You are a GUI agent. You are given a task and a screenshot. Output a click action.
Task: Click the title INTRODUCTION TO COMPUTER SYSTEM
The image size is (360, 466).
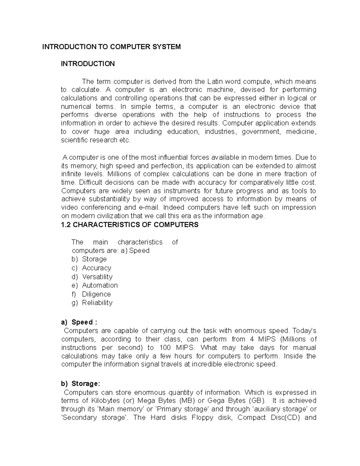point(111,47)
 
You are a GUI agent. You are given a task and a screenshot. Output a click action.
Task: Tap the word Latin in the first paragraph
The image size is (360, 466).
point(215,81)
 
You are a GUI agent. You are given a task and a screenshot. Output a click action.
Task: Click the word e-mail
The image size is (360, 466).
point(151,207)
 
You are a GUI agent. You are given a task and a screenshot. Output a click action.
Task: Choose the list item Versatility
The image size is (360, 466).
point(97,277)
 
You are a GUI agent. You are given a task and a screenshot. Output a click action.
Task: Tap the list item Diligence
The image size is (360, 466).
point(96,294)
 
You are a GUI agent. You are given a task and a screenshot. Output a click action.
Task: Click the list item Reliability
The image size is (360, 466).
point(97,302)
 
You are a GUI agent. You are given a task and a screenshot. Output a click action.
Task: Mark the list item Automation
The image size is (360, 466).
point(100,285)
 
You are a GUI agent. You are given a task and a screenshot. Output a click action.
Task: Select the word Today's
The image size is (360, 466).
point(304,331)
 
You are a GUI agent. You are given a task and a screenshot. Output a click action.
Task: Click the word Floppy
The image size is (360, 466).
point(203,417)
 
